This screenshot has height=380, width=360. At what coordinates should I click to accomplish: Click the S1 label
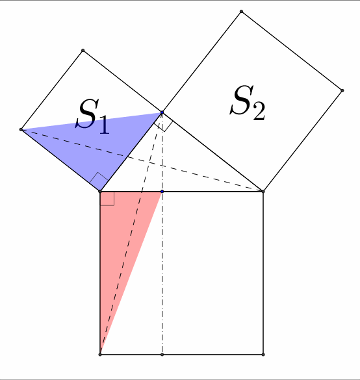pyautogui.click(x=93, y=116)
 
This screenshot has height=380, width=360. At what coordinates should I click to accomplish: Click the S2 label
pyautogui.click(x=248, y=103)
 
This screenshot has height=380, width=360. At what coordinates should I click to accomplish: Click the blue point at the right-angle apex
pyautogui.click(x=162, y=112)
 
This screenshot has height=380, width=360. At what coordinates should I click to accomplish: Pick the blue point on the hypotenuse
pyautogui.click(x=162, y=192)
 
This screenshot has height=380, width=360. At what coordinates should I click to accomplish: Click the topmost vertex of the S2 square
pyautogui.click(x=241, y=12)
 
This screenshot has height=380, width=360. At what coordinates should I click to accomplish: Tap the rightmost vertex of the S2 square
pyautogui.click(x=342, y=91)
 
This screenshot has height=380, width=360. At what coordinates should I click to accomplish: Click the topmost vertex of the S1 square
pyautogui.click(x=83, y=51)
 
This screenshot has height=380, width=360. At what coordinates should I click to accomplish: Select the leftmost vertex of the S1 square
pyautogui.click(x=21, y=130)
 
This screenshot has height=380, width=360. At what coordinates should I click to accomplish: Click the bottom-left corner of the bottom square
pyautogui.click(x=100, y=355)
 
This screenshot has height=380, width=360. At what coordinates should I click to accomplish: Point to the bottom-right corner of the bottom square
pyautogui.click(x=263, y=355)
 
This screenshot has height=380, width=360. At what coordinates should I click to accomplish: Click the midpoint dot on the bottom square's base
pyautogui.click(x=162, y=355)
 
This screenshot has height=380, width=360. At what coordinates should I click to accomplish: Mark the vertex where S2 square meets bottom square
pyautogui.click(x=263, y=192)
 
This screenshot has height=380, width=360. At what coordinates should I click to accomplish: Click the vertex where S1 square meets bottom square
pyautogui.click(x=100, y=192)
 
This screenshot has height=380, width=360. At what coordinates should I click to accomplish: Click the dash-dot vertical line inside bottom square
pyautogui.click(x=162, y=273)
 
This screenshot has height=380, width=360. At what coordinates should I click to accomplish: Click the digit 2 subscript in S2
pyautogui.click(x=259, y=111)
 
